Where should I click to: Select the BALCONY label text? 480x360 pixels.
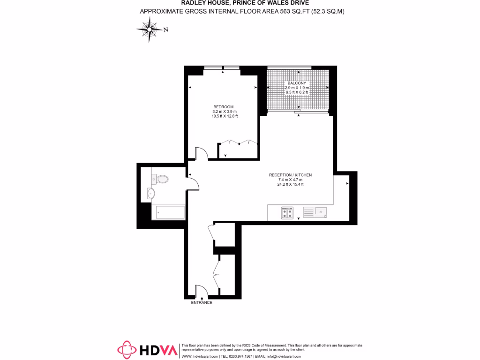point(297,83)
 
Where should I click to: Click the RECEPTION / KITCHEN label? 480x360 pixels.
point(290,175)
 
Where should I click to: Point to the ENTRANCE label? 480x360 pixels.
point(202,303)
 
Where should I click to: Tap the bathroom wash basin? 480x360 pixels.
point(150,193)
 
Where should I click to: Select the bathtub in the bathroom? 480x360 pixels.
point(170,212)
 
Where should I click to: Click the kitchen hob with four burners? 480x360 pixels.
point(287,213)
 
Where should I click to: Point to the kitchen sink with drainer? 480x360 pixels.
point(315,213)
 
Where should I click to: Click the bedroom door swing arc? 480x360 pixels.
point(201,153)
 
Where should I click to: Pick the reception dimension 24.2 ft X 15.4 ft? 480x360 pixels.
point(290,184)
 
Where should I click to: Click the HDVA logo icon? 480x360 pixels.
point(127,350)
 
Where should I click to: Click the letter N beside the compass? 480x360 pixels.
point(166,30)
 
